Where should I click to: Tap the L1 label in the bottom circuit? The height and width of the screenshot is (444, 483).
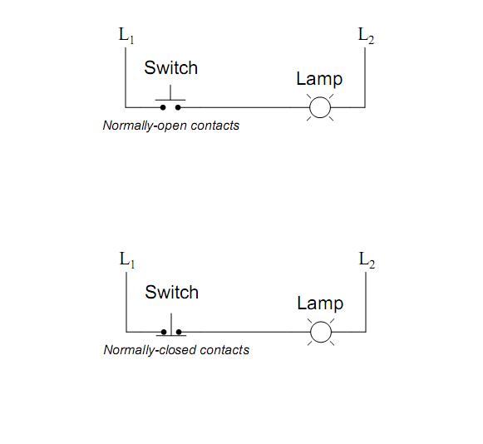pos(127,259)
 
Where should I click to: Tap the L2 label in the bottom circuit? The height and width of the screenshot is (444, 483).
pos(367,259)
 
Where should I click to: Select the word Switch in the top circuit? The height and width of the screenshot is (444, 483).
pos(171,68)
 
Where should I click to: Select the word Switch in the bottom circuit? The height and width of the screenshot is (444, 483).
pos(171,293)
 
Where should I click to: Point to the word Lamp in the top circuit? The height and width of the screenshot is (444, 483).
pos(319,79)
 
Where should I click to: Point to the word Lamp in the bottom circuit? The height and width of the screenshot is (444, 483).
pos(320,303)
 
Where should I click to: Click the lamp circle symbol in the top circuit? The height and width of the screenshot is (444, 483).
pos(320,107)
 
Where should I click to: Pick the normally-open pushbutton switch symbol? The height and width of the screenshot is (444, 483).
pos(170,102)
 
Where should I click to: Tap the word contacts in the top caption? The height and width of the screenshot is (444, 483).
pos(214,126)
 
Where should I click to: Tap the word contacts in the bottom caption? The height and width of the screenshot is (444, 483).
pos(223,350)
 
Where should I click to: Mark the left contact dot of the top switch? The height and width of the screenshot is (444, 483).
pos(163,107)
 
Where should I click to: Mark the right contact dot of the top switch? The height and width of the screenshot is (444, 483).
pos(178,107)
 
